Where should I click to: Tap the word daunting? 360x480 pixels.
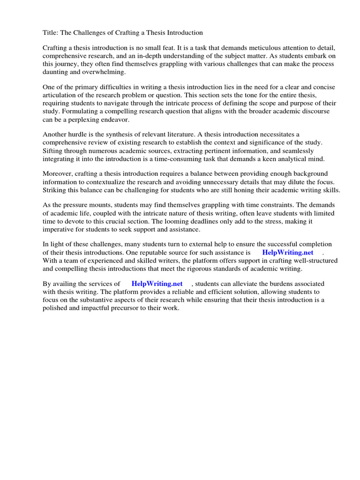[56, 72]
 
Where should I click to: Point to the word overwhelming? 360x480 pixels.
[104, 72]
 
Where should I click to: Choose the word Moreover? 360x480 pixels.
[58, 174]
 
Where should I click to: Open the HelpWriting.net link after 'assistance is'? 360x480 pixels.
[287, 252]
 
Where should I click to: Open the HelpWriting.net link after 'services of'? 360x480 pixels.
[157, 284]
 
